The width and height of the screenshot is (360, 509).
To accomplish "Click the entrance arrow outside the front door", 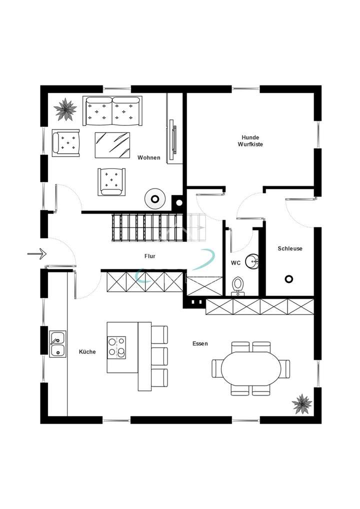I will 36,254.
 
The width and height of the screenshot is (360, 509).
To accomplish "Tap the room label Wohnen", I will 149,157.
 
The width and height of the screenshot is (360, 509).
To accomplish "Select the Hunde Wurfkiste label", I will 250,140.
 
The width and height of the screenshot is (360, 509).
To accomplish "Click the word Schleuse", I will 290,248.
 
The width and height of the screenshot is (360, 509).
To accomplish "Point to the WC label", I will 236,262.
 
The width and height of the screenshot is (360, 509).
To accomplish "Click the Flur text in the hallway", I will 149,256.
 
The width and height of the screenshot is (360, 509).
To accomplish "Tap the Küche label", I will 87,352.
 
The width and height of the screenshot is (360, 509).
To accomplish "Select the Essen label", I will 200,343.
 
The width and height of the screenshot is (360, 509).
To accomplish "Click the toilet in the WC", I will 238,285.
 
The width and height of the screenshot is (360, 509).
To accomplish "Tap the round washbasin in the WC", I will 254,259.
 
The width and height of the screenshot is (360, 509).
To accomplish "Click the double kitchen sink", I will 57,344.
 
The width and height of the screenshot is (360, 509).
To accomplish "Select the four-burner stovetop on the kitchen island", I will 116,347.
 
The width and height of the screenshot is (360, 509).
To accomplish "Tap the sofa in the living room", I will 112,111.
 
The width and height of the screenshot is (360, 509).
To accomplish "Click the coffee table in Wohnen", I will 112,144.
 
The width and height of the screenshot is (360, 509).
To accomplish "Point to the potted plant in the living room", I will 65,109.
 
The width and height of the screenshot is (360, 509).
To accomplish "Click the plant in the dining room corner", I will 302,403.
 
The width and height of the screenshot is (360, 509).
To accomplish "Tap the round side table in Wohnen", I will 155,199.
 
